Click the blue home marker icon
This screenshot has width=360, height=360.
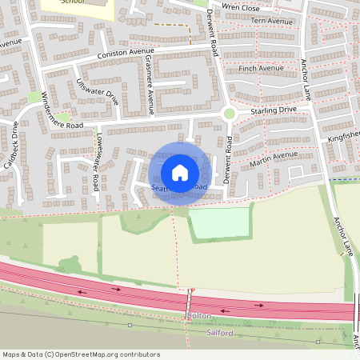point(180,172)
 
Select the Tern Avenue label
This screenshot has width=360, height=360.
point(272,21)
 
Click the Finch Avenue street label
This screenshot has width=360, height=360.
point(261,69)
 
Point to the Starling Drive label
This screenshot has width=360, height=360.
point(273,110)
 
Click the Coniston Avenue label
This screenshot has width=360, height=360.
point(125,53)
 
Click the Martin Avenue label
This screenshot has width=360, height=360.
point(272,158)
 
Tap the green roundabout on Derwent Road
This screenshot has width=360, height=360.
point(230,114)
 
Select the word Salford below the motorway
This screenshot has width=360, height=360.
point(219,332)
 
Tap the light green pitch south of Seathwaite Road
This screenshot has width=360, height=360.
point(219,222)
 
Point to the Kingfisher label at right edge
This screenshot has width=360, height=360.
point(344,137)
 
